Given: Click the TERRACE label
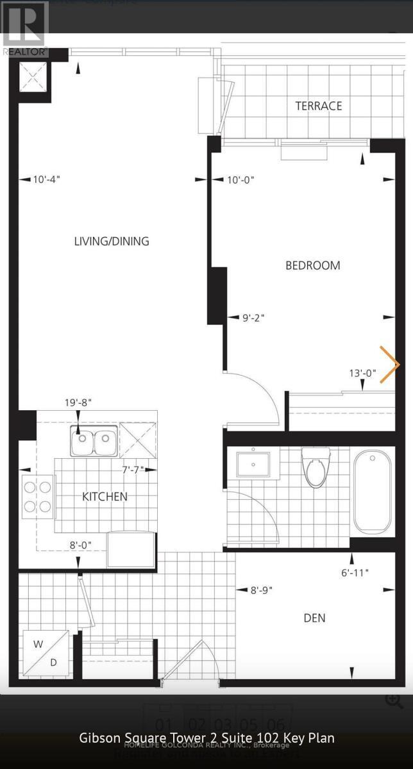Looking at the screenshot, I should click(318, 106).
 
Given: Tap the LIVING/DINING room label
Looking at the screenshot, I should click(112, 242).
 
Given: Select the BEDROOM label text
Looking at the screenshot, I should click(312, 265).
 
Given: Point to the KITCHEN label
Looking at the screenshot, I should click(105, 497).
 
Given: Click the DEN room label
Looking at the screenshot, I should click(314, 618).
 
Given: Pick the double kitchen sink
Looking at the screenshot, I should click(94, 442).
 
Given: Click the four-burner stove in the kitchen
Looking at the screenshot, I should click(37, 497).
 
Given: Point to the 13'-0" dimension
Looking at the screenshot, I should click(363, 372).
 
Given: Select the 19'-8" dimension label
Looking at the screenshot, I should click(78, 402).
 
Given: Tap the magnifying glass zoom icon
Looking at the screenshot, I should click(394, 700).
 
